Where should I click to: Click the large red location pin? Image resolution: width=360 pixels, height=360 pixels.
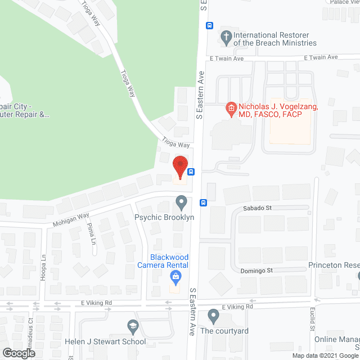(x=180, y=168)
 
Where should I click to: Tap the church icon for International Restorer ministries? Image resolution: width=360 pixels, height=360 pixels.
(x=226, y=38)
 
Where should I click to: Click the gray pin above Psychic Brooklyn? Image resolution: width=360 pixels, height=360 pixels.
(x=181, y=201)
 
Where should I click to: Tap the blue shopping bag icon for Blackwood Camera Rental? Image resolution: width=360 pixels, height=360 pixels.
(x=175, y=276)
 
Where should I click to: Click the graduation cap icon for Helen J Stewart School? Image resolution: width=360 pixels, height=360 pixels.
(x=133, y=326)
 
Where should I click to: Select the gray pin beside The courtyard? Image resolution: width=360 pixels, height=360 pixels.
(x=213, y=315)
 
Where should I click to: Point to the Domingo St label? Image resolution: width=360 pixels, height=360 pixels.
(x=258, y=271)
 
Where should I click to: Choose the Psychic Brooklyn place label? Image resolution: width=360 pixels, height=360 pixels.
(x=164, y=217)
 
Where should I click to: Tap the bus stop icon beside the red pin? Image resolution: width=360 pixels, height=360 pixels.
(x=191, y=172)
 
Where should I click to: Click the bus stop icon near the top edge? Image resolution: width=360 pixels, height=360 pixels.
(x=209, y=25)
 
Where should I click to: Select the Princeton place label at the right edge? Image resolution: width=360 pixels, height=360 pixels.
(x=334, y=265)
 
